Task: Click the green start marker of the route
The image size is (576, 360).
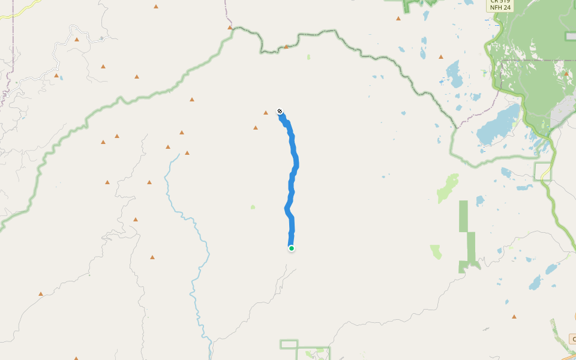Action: pos(291,248)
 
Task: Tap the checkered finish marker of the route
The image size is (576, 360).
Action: pos(280,111)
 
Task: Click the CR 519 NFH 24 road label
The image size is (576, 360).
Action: pos(500,5)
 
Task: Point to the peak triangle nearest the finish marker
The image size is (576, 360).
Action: pos(266,113)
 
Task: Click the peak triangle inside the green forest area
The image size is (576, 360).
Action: pos(566,73)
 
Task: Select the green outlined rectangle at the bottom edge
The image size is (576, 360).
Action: pos(289,344)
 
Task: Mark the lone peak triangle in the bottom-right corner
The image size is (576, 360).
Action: pos(514,316)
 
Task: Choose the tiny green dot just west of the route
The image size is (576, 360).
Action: pos(253,207)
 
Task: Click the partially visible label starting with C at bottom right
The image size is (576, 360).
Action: pos(572,339)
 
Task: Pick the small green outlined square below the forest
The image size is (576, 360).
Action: pos(543,171)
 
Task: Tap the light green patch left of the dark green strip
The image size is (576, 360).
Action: pos(436,251)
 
